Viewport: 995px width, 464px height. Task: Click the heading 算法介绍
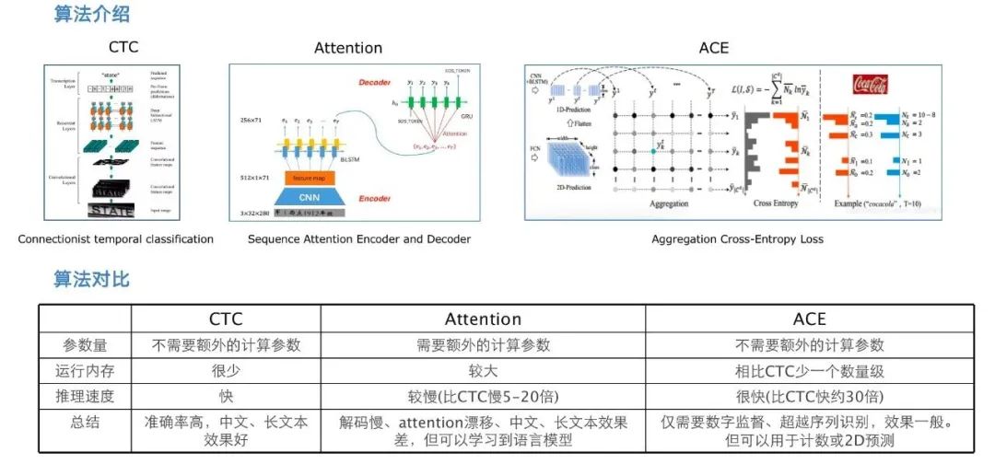(x=91, y=14)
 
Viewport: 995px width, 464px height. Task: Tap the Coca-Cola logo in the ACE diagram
(x=870, y=84)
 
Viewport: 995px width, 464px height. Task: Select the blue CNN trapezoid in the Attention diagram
(x=314, y=196)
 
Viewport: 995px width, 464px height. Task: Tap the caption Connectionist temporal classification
(x=115, y=239)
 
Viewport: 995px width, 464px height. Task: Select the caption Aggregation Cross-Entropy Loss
(x=737, y=239)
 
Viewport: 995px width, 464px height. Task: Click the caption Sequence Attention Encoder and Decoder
(x=359, y=239)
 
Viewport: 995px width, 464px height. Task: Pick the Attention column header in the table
(x=483, y=319)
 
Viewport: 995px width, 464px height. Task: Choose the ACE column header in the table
(x=809, y=319)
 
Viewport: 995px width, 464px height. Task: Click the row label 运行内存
(x=85, y=372)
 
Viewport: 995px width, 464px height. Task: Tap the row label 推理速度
(x=85, y=398)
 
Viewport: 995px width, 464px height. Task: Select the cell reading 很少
(x=226, y=372)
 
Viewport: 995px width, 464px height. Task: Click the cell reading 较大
(x=483, y=372)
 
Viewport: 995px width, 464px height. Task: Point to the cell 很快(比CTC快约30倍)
(x=809, y=398)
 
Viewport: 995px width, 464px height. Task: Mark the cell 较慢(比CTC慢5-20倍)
(x=483, y=398)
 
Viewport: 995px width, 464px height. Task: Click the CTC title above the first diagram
(x=123, y=47)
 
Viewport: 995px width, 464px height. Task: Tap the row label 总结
(x=85, y=423)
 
